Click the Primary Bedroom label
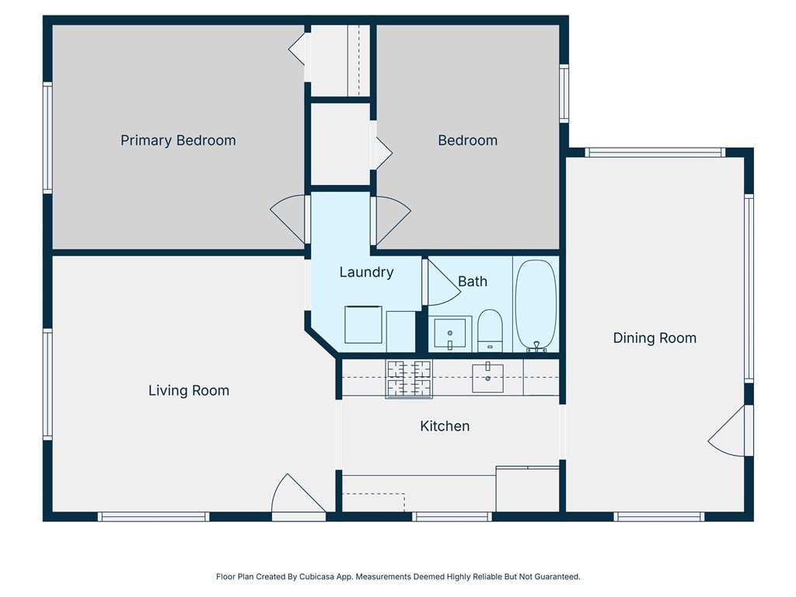pyautogui.click(x=178, y=141)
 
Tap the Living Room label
pyautogui.click(x=189, y=390)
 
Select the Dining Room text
pyautogui.click(x=655, y=338)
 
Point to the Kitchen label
pyautogui.click(x=445, y=426)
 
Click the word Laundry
pyautogui.click(x=367, y=273)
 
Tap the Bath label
pyautogui.click(x=473, y=281)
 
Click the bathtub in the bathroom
pyautogui.click(x=536, y=305)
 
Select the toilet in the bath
pyautogui.click(x=491, y=330)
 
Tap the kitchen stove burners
pyautogui.click(x=409, y=379)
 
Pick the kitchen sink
pyautogui.click(x=488, y=378)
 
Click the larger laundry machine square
pyautogui.click(x=363, y=324)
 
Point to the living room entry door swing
pyautogui.click(x=298, y=493)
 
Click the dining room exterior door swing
pyautogui.click(x=727, y=431)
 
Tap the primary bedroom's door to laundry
pyautogui.click(x=288, y=219)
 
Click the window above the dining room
pyautogui.click(x=655, y=152)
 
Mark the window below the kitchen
pyautogui.click(x=452, y=517)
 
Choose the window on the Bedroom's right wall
pyautogui.click(x=564, y=93)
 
